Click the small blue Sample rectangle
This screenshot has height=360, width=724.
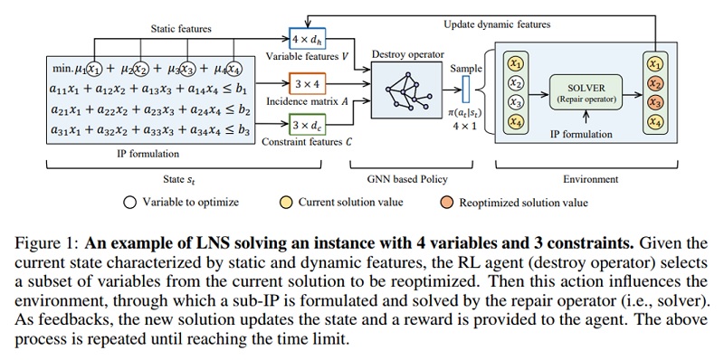pos(465,89)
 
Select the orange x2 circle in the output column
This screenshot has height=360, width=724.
pos(653,83)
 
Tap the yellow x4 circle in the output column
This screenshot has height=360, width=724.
pos(653,121)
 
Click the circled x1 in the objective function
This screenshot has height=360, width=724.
pos(94,69)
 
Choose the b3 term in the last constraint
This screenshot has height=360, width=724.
pos(243,130)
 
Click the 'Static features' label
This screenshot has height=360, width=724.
pos(181,29)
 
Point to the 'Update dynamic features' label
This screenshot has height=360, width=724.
pos(497,24)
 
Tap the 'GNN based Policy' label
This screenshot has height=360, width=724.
pos(412,178)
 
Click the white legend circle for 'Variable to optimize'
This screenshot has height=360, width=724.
pos(129,203)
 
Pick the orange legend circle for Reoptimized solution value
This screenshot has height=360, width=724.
pos(446,203)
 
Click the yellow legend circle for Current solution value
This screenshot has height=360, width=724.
pos(286,203)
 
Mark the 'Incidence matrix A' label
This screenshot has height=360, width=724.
pos(307,102)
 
